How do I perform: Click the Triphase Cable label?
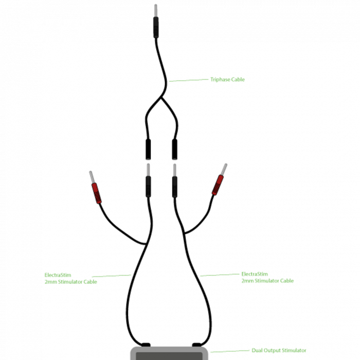(227, 79)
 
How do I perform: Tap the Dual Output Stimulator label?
(279, 350)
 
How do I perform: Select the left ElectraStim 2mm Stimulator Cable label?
(71, 278)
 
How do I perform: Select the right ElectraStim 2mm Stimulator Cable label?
(267, 277)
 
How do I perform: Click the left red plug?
(97, 193)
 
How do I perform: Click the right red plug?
(218, 185)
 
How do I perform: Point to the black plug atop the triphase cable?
(156, 27)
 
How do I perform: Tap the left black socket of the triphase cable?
(148, 149)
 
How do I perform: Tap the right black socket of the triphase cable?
(175, 149)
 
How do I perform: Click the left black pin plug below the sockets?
(148, 187)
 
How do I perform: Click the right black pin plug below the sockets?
(175, 187)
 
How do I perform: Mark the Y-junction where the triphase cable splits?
(161, 98)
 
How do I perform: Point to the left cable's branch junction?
(146, 244)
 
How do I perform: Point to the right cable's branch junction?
(184, 233)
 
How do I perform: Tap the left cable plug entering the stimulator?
(146, 345)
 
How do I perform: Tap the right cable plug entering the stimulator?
(196, 345)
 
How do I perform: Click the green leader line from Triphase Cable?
(189, 80)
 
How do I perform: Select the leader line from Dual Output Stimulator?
(230, 351)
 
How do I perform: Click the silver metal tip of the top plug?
(156, 10)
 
